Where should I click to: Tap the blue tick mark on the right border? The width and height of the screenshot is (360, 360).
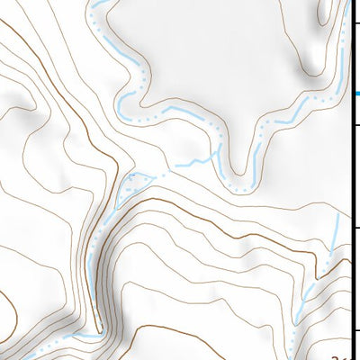pos(356,94)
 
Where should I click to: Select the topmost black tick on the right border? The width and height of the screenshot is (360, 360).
pos(356,28)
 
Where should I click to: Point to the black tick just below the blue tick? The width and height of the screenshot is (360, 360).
pos(356,126)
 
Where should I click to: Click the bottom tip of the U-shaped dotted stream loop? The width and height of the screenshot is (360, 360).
pos(238,188)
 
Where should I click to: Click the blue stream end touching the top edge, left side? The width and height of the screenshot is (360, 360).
pos(93,4)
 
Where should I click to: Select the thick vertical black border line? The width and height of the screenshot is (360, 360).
pos(351,180)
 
